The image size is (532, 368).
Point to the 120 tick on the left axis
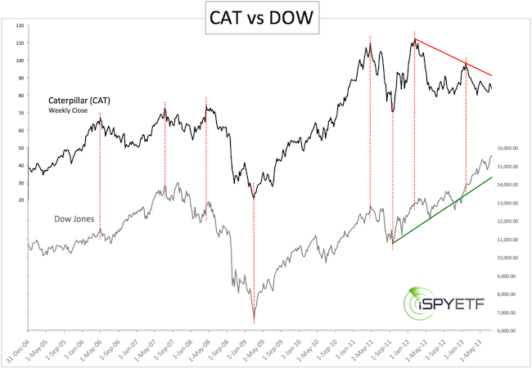[18, 26]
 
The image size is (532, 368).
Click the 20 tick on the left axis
[20, 200]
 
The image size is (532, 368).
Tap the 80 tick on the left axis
[20, 96]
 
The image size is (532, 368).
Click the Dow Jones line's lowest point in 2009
[254, 320]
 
